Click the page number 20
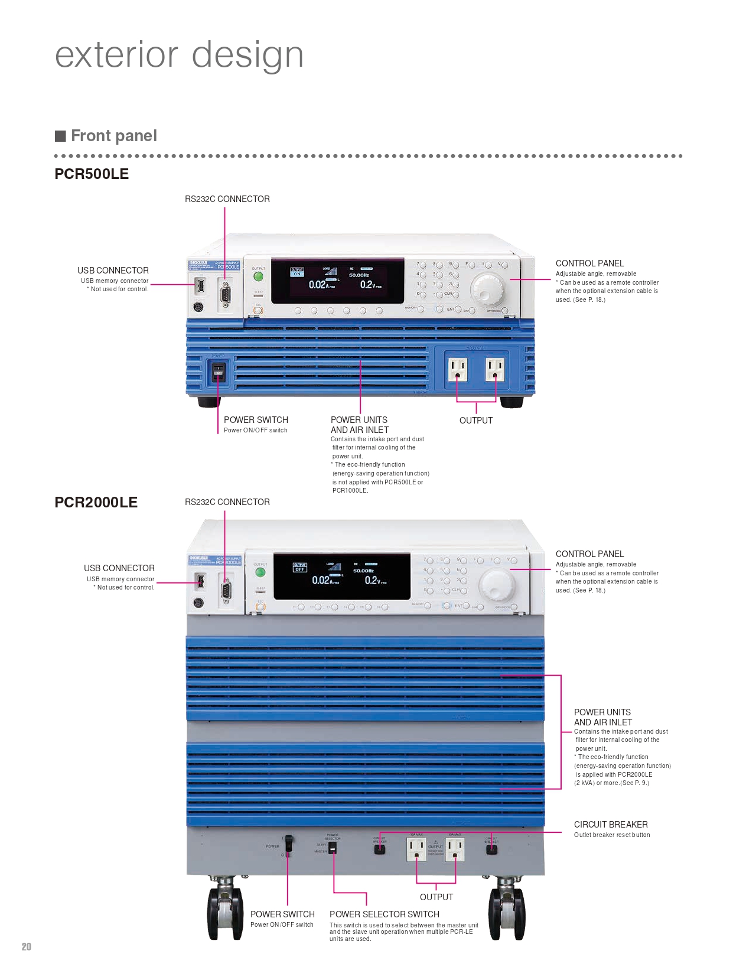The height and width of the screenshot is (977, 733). point(27,946)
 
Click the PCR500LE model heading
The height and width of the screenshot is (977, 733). point(92,174)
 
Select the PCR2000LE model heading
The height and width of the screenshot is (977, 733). point(96,503)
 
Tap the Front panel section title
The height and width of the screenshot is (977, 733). point(114,136)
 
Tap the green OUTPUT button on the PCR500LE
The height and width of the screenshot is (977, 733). point(258,276)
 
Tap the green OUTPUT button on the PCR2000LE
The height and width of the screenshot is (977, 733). point(260,572)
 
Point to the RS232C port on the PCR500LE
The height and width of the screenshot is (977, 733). point(225,294)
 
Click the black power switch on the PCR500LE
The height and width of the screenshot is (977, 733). point(218,372)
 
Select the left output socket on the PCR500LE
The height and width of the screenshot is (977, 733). point(457,369)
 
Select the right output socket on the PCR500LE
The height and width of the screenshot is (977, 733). point(495,369)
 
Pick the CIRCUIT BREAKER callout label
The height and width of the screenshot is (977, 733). point(611,825)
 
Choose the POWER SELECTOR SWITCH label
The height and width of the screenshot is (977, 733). point(385,914)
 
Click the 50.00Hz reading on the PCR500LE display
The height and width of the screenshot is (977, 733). point(359,275)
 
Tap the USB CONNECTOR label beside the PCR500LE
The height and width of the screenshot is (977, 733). point(113,271)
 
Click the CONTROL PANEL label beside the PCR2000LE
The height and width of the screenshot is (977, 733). point(589,554)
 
